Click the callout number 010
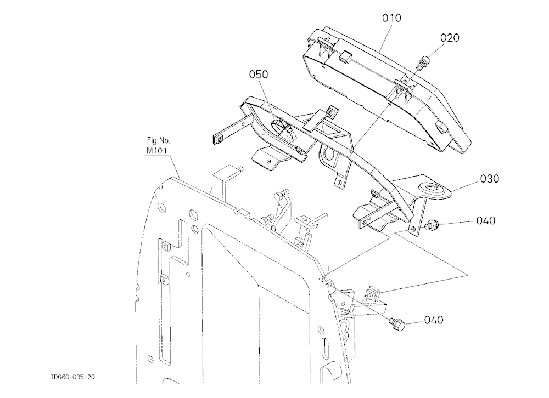pos(391,18)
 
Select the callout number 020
pos(450,38)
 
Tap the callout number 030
pos(490,179)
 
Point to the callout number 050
pos(259,75)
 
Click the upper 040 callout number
pos(486,221)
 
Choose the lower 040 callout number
pos(434,320)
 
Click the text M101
pos(156,151)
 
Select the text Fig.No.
pos(159,140)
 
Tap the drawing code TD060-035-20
pos(72,377)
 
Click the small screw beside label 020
pos(422,62)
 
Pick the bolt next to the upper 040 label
pos(431,224)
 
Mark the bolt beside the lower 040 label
pos(397,324)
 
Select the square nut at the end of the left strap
pos(219,139)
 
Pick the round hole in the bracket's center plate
pos(329,152)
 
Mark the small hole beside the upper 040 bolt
pos(413,229)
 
